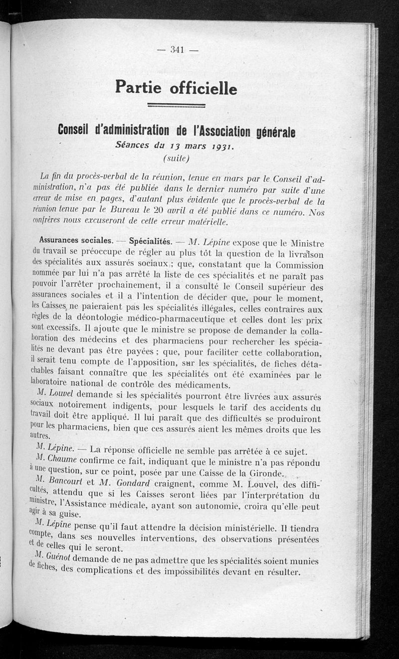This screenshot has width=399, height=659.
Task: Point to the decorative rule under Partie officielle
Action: (177, 106)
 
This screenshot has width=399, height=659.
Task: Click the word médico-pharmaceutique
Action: (189, 321)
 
